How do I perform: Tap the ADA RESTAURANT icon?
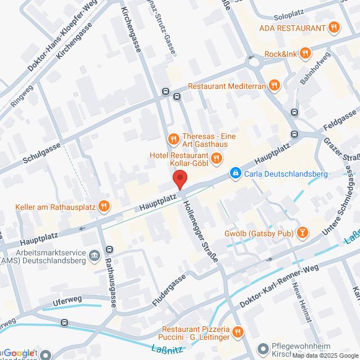[x=334, y=27]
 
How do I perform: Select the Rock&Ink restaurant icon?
[x=304, y=54]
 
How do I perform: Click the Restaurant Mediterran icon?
[x=274, y=86]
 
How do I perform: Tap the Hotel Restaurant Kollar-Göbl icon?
[x=216, y=163]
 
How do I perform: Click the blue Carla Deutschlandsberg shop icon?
[x=234, y=174]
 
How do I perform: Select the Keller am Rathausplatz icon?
[x=103, y=206]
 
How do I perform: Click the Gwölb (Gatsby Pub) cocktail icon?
[x=303, y=231]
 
